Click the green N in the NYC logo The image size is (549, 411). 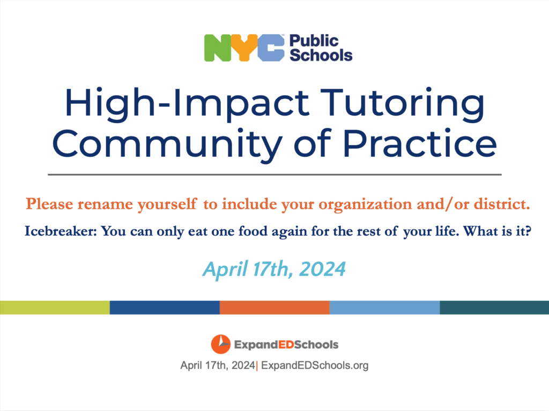218,48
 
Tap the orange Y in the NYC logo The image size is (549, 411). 244,48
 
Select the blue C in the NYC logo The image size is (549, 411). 271,48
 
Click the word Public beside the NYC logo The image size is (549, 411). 314,41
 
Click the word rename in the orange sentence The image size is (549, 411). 105,204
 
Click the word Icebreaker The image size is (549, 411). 61,231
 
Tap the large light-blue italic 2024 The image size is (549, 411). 322,269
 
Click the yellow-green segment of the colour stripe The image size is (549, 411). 55,308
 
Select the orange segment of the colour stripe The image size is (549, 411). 274,308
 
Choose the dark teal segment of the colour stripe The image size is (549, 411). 494,308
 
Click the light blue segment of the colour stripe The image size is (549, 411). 385,308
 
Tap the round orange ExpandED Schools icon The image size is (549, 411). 220,344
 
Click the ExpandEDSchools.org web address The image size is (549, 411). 315,366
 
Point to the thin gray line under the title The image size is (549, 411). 274,174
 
